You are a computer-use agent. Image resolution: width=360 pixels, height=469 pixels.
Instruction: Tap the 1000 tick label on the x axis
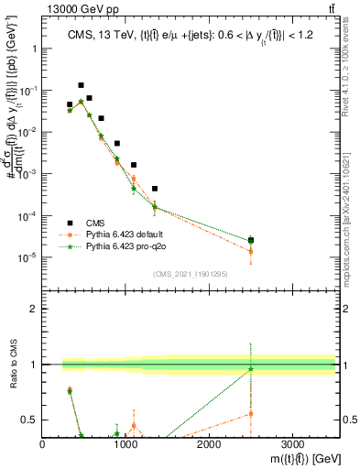(125, 444)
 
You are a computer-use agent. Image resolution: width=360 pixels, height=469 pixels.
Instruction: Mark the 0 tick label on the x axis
(43, 444)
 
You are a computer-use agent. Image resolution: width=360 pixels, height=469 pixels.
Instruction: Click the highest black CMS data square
(82, 84)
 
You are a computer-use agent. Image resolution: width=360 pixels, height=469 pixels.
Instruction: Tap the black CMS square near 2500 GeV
(251, 240)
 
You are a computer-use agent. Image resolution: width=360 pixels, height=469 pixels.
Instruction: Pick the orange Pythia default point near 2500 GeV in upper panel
(251, 251)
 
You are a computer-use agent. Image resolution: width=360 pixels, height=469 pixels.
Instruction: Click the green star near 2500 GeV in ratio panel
(251, 369)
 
